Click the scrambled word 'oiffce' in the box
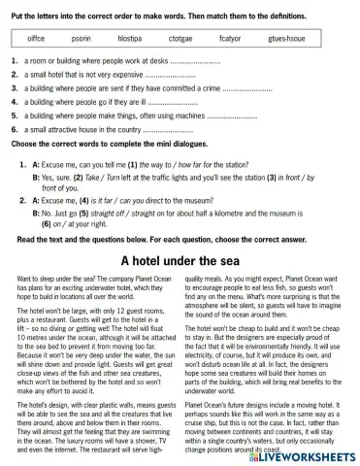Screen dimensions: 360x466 pyautogui.click(x=36, y=38)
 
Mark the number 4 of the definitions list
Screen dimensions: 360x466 pyautogui.click(x=15, y=101)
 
